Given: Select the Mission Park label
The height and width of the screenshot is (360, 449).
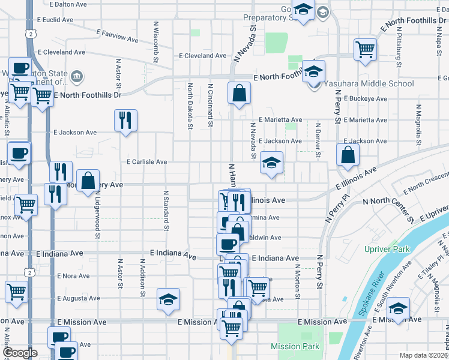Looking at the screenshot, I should [295, 346].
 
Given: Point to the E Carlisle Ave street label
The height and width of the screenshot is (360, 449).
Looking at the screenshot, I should [146, 162].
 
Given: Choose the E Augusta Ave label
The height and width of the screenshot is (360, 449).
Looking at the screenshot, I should [78, 298].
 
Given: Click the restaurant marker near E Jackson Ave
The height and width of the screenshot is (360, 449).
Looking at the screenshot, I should [126, 120].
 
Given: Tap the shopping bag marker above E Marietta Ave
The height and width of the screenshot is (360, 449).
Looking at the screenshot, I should [239, 94].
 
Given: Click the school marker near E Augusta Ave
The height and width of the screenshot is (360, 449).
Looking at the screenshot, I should [169, 299].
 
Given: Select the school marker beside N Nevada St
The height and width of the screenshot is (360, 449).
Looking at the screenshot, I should [271, 163].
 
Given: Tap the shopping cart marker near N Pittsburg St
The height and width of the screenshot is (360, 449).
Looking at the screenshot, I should [365, 49].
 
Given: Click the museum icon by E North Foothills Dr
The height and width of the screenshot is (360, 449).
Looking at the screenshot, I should [77, 76].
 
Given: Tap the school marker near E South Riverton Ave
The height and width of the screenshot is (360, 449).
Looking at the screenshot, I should [398, 308].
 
